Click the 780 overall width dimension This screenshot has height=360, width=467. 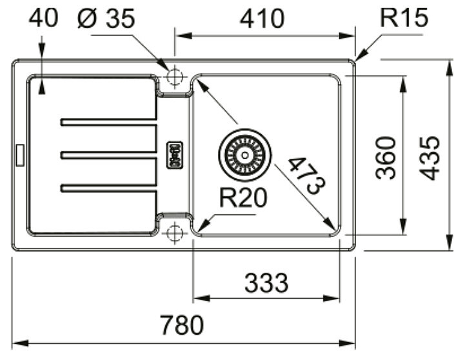tap(182, 325)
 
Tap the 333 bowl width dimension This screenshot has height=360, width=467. tap(266, 283)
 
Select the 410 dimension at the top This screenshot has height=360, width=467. tap(262, 19)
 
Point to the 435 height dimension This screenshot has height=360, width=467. tap(429, 158)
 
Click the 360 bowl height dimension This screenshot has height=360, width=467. tap(386, 158)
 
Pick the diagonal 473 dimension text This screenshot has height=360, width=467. tap(307, 176)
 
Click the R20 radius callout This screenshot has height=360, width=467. tap(243, 198)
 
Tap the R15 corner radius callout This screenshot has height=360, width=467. tap(404, 17)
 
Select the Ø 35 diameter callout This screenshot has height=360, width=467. tap(106, 18)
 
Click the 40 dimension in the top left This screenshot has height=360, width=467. tap(43, 18)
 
